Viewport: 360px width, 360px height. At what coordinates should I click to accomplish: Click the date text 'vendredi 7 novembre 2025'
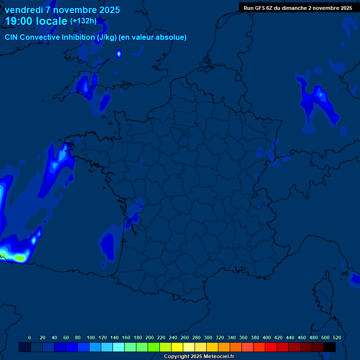(62, 10)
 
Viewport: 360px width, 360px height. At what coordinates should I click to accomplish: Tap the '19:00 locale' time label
(37, 21)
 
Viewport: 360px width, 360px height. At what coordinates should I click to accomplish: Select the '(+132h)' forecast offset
(83, 21)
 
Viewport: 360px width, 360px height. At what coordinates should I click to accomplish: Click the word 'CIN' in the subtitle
(12, 37)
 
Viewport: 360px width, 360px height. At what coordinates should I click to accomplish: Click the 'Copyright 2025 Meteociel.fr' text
(199, 357)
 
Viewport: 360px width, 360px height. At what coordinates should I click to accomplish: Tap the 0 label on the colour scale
(30, 337)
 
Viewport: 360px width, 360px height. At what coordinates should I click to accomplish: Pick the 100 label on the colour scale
(91, 337)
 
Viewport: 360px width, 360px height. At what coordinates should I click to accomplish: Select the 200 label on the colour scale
(150, 337)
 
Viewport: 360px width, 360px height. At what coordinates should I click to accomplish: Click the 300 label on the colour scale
(208, 337)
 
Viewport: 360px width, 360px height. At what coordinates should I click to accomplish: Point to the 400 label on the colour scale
(267, 337)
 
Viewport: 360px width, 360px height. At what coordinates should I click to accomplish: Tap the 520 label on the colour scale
(337, 337)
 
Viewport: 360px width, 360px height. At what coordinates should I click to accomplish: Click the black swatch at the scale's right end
(330, 347)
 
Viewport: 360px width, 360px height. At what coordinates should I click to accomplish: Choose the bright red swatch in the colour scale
(271, 347)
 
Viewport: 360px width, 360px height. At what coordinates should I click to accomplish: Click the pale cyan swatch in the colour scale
(119, 347)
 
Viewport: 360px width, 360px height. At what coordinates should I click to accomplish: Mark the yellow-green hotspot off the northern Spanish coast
(19, 257)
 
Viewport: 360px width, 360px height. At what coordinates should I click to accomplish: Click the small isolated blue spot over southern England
(119, 53)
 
